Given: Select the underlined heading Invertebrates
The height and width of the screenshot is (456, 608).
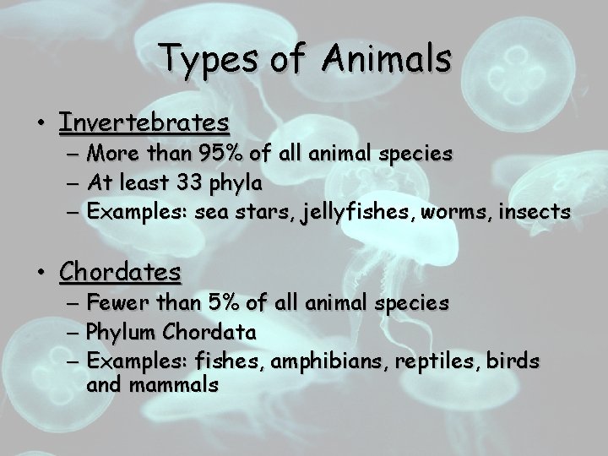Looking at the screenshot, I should (144, 122).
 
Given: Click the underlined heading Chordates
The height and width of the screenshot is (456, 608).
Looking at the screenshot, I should (120, 272).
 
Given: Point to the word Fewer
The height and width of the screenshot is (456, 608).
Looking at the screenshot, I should (118, 302).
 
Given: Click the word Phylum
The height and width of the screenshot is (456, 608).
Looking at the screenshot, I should (118, 332).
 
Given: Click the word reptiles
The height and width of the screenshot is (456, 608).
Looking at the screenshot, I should (419, 361).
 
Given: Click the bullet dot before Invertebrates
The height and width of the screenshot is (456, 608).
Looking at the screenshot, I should (41, 124).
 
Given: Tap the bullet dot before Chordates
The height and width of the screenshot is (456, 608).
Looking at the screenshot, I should (41, 273).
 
